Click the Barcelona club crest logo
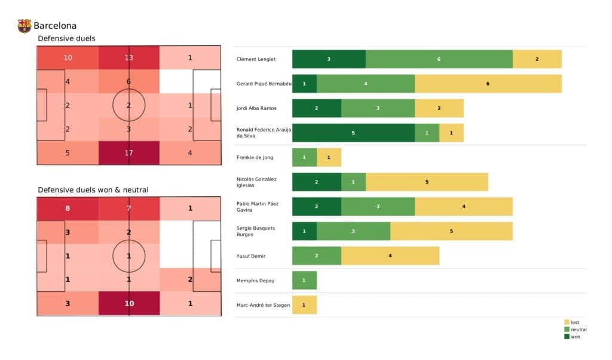[x=25, y=26]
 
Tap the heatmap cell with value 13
[x=128, y=58]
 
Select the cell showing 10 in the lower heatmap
[x=128, y=303]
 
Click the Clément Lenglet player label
[x=256, y=59]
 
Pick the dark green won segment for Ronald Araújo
[x=353, y=133]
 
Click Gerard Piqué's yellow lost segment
[x=488, y=84]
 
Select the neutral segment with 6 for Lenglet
[x=439, y=59]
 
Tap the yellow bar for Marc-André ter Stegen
[x=304, y=305]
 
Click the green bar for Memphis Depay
[x=304, y=280]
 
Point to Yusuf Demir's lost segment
[x=390, y=256]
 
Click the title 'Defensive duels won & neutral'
[x=93, y=190]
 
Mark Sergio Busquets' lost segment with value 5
[x=451, y=231]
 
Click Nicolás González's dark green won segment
[x=316, y=182]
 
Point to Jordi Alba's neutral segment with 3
[x=378, y=108]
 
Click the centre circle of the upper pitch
[x=128, y=105]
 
